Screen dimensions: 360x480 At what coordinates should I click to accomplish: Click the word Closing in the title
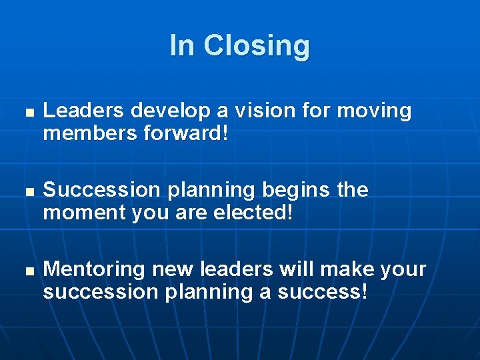257,46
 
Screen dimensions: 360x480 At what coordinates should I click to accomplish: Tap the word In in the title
182,46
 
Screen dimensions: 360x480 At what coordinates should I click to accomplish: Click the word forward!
187,133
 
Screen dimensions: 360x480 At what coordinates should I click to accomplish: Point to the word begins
297,190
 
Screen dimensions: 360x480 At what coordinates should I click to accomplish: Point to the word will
291,269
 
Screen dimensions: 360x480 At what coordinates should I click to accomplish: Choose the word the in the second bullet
353,190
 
